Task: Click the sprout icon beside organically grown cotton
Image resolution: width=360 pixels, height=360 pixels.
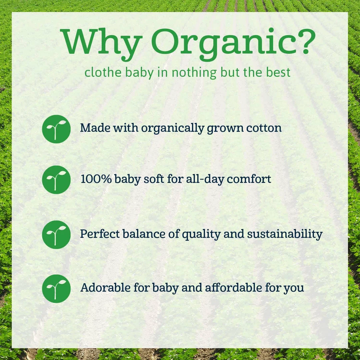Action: tap(56, 129)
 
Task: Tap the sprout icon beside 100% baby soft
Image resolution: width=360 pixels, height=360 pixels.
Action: tap(56, 180)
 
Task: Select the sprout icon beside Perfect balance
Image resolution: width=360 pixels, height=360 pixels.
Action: tap(56, 234)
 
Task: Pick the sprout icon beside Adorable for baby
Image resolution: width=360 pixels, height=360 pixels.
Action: tap(56, 288)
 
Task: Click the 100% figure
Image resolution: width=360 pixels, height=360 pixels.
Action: tap(96, 179)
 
